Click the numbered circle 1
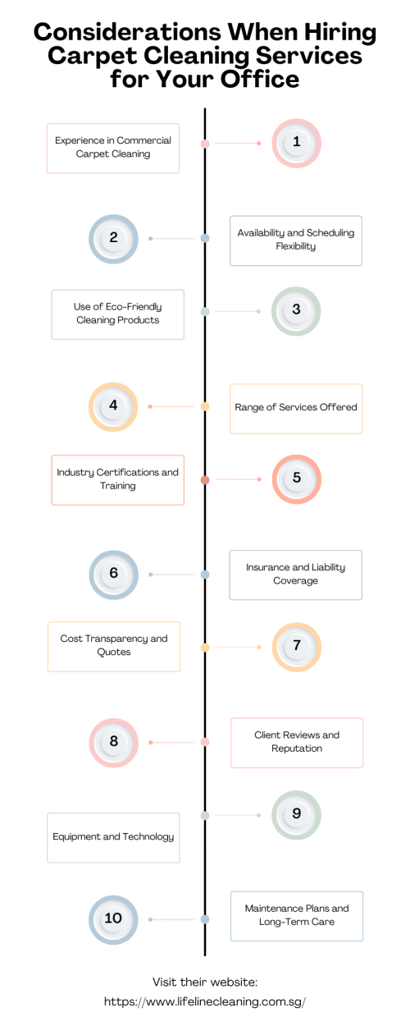297,144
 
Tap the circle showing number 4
113,407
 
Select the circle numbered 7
297,648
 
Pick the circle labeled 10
113,920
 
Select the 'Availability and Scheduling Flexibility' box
295,241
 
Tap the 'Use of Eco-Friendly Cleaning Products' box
117,314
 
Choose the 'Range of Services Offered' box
296,409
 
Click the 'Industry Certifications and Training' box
117,480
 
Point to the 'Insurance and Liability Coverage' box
295,575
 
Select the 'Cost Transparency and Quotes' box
114,647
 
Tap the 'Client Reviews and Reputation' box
297,743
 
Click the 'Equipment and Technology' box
113,838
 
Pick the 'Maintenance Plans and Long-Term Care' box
297,916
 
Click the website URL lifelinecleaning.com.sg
205,1001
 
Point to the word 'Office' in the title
260,79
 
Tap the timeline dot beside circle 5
205,479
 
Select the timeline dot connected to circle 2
205,238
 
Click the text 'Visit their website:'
205,982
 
